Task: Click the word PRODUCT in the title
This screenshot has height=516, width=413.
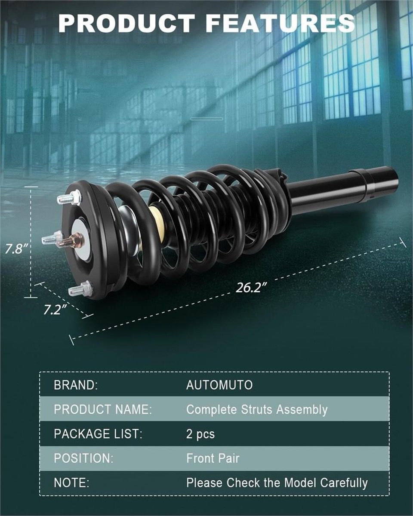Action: (126, 23)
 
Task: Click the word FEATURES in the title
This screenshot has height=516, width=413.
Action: (280, 23)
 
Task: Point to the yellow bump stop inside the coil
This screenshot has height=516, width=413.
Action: (156, 222)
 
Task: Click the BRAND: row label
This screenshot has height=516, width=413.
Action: (76, 385)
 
